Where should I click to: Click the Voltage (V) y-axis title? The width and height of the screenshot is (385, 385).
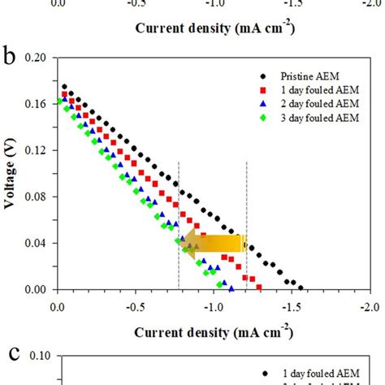12,174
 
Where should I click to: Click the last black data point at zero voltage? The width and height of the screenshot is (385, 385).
301,288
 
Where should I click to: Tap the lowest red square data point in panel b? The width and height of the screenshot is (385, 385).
259,288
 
